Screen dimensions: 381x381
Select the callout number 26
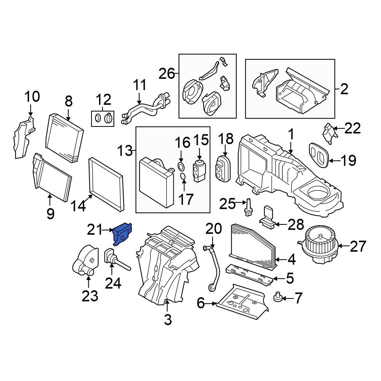point(167,74)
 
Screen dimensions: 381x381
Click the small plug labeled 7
point(278,297)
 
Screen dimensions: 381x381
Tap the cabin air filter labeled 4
point(253,245)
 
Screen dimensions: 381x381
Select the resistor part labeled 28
point(268,218)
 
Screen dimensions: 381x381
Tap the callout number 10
point(32,96)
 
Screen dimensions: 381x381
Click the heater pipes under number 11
point(146,109)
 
